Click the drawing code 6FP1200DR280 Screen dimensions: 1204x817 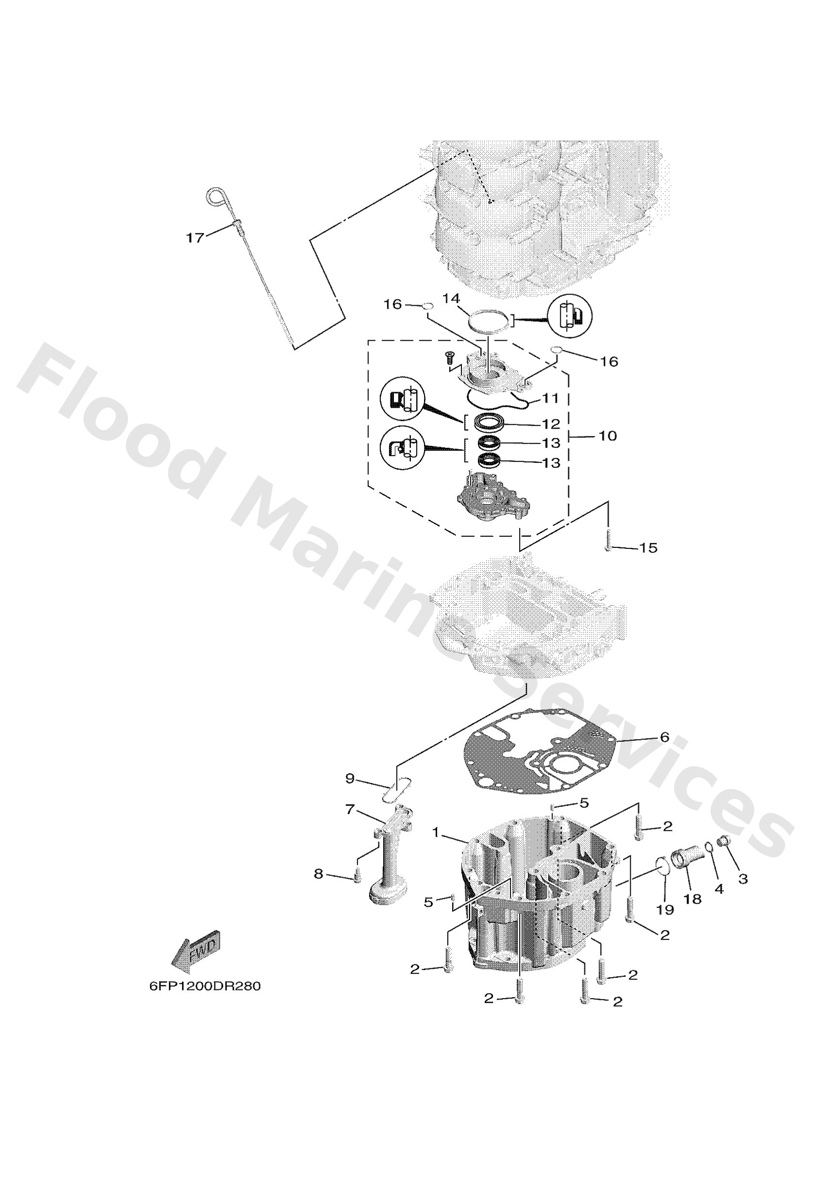(x=205, y=986)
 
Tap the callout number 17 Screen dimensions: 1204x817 (x=196, y=238)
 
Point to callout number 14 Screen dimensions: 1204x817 (x=451, y=298)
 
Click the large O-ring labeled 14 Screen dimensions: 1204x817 (x=487, y=322)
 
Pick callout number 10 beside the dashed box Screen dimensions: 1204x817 (x=608, y=436)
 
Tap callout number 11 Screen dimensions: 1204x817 (x=551, y=398)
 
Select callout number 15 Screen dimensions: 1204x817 (x=648, y=547)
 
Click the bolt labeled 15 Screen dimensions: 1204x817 (x=608, y=540)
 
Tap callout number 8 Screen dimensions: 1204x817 (x=319, y=874)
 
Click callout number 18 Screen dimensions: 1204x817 (x=693, y=898)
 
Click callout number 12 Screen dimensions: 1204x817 (x=551, y=424)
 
